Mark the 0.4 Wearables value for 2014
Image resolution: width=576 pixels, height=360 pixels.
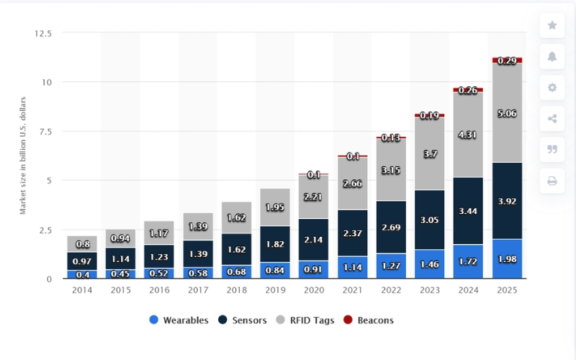(x=82, y=274)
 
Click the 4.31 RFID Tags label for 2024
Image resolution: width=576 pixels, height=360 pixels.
(x=467, y=134)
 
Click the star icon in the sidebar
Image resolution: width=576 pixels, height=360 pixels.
(x=552, y=25)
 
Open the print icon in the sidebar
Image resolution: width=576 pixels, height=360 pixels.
(x=552, y=181)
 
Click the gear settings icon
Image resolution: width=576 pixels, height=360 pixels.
(x=552, y=87)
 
